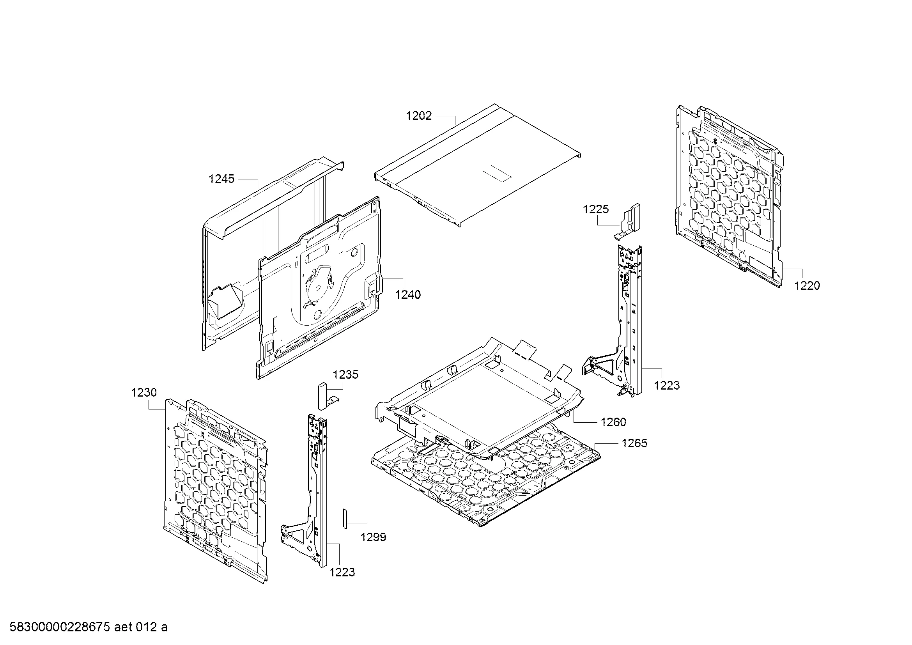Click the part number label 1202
pos(419,115)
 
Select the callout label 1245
pos(221,179)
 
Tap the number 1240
pos(408,294)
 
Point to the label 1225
pos(596,209)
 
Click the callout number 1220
pos(807,285)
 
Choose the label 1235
pos(345,374)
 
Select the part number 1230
pos(144,392)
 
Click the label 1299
pos(374,537)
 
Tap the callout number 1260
pos(614,422)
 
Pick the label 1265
pos(635,443)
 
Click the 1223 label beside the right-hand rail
pos(667,385)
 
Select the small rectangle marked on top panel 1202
pos(496,174)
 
